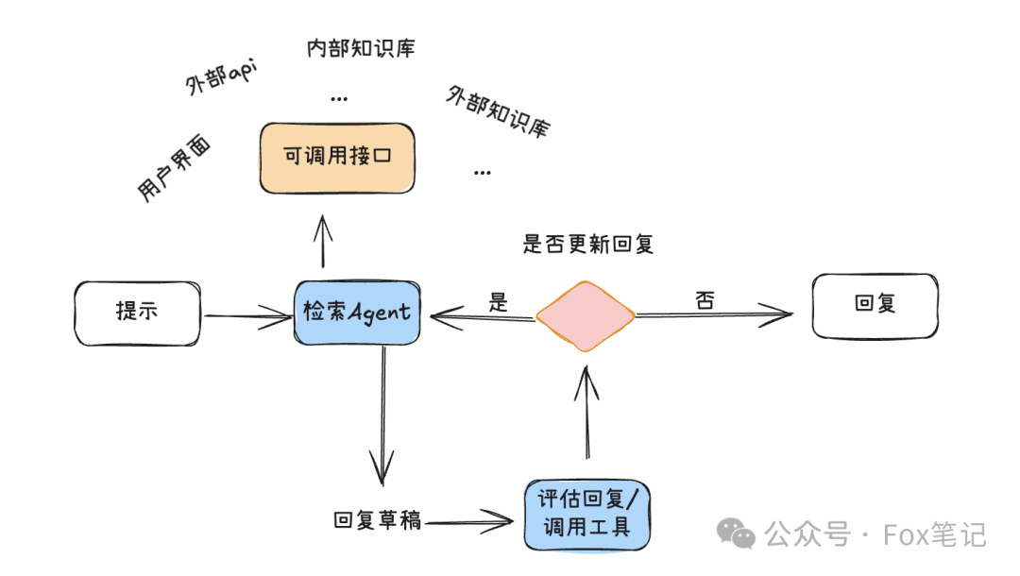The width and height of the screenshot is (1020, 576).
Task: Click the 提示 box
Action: click(x=138, y=313)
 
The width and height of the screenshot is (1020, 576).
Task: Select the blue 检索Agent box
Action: click(x=358, y=313)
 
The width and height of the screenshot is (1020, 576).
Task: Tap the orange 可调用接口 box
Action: click(x=337, y=158)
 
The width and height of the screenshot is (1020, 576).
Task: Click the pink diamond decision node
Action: click(x=586, y=315)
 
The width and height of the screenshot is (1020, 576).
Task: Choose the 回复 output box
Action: click(x=875, y=306)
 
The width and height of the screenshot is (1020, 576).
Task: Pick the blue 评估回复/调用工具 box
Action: click(x=587, y=515)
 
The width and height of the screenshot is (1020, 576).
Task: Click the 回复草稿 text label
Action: click(x=377, y=519)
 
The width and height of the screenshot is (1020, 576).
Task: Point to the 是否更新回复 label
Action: click(x=588, y=245)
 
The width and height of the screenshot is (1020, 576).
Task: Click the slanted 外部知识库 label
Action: click(x=498, y=111)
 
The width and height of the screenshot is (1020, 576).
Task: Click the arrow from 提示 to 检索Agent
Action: click(x=247, y=316)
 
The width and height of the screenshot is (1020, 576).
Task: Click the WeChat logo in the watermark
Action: click(x=736, y=534)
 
